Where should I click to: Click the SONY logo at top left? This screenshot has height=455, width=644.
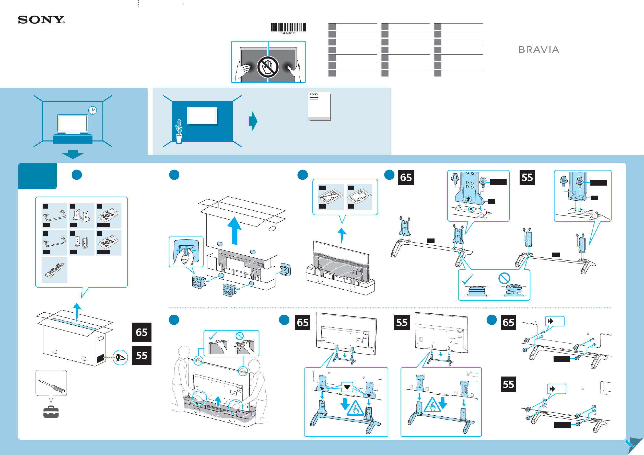(x=41, y=20)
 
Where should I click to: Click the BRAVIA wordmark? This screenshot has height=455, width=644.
(x=538, y=50)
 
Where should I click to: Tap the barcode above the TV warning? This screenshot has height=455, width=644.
(x=288, y=28)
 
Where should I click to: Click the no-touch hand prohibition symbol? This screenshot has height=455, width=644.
(x=268, y=67)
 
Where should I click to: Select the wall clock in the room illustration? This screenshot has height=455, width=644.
(x=92, y=110)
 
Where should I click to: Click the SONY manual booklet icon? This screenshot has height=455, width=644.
(x=319, y=106)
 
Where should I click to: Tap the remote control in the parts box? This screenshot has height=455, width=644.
(x=54, y=270)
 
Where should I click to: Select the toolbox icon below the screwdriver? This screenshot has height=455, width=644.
(x=51, y=412)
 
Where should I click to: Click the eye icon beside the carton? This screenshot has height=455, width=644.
(x=120, y=357)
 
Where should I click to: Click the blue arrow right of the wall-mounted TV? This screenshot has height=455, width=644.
(x=253, y=121)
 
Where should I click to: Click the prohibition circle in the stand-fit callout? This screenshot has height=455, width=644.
(x=504, y=278)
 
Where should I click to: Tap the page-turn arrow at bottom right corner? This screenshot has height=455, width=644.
(x=630, y=444)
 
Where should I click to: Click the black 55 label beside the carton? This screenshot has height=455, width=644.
(x=142, y=355)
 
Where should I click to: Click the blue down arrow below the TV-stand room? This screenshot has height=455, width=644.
(x=73, y=154)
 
